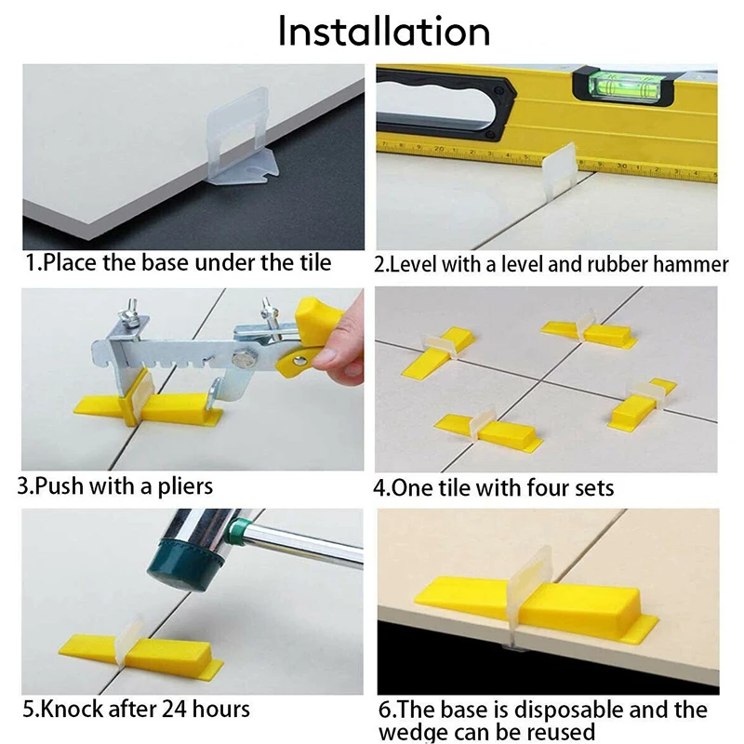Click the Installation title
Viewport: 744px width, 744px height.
pos(384,31)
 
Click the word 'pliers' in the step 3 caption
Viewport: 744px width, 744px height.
pos(181,486)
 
